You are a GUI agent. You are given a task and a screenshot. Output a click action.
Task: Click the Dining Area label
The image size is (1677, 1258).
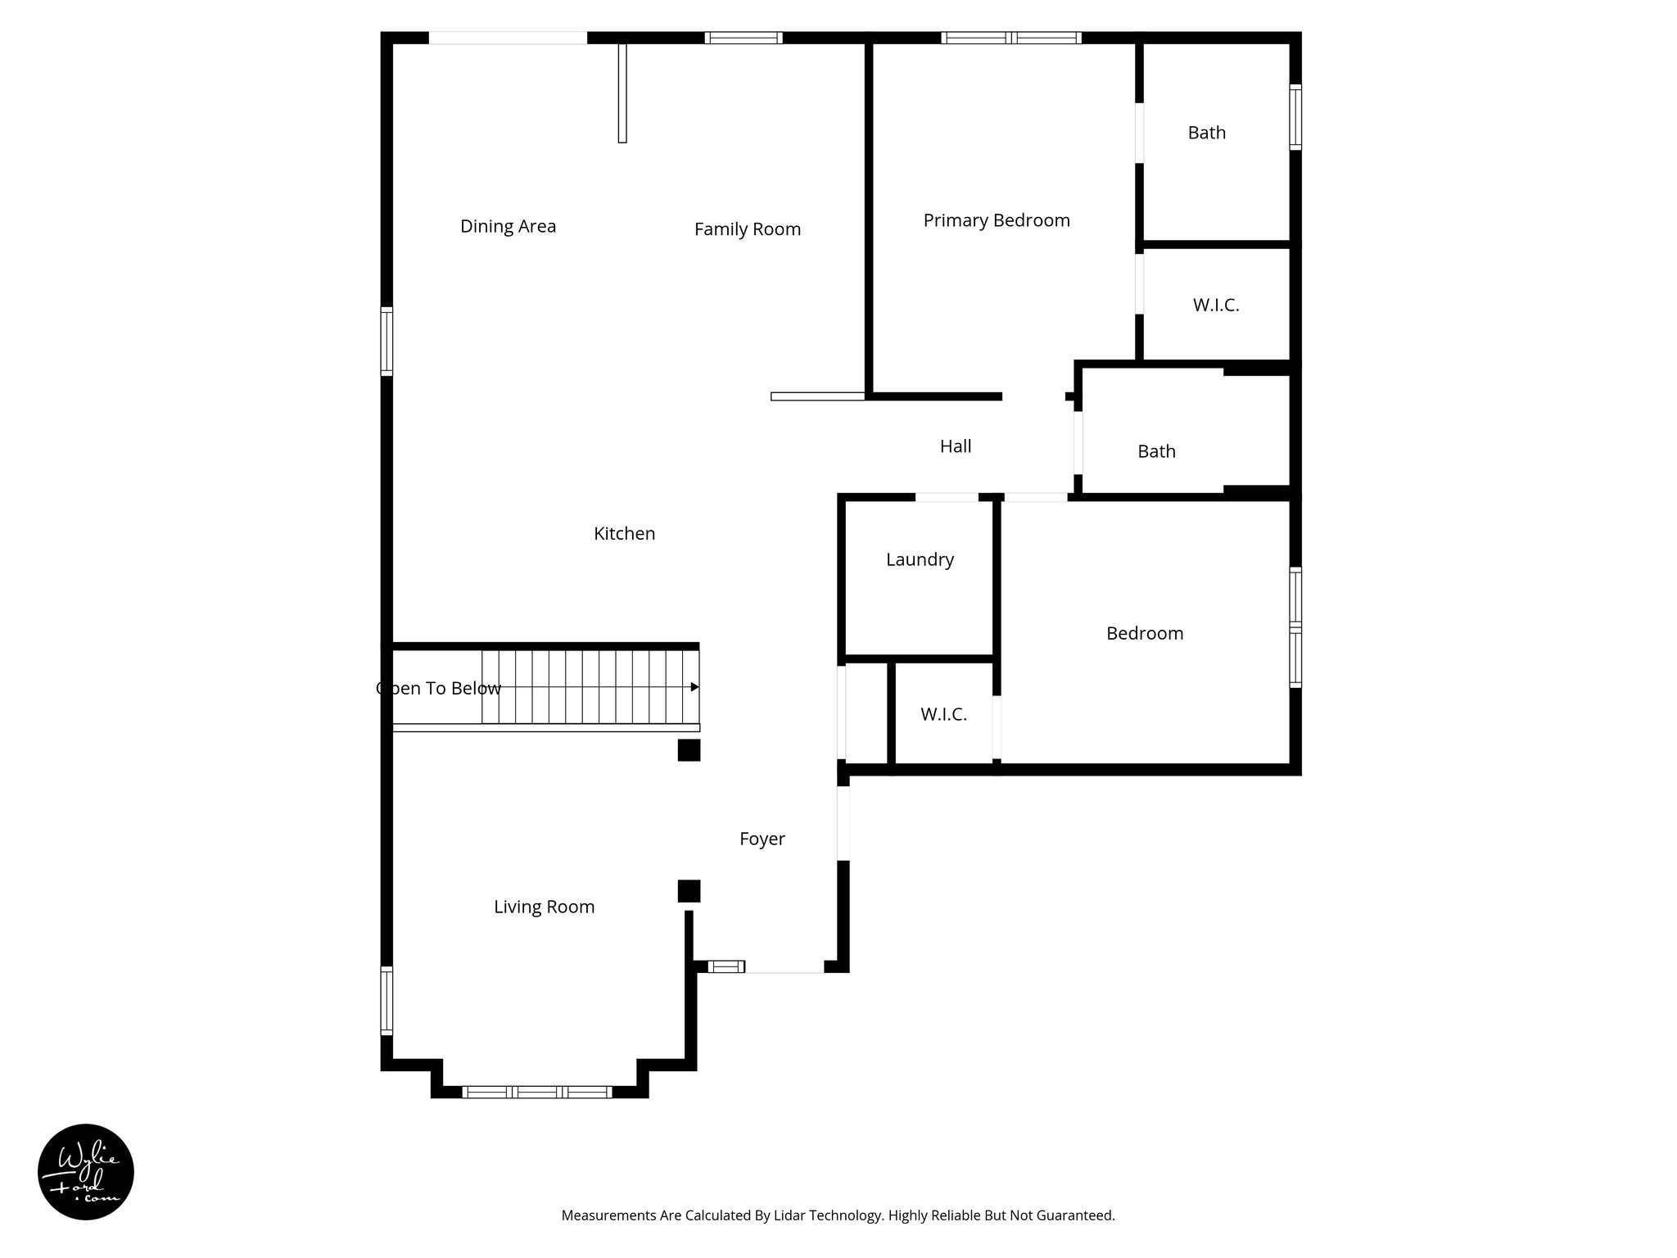pyautogui.click(x=508, y=226)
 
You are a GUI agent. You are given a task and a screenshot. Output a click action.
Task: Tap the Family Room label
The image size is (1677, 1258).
pyautogui.click(x=747, y=229)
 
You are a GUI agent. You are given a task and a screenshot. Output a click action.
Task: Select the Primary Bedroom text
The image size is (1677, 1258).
pyautogui.click(x=996, y=220)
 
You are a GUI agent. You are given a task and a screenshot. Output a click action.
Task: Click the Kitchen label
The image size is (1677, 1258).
pyautogui.click(x=624, y=534)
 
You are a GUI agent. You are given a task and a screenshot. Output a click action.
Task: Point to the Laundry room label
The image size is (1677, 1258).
pyautogui.click(x=920, y=559)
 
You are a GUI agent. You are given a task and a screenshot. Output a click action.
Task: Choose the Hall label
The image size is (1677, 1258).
pyautogui.click(x=955, y=446)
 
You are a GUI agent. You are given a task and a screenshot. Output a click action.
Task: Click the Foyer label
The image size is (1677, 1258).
pyautogui.click(x=762, y=839)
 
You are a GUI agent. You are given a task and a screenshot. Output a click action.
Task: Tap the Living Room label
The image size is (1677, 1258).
pyautogui.click(x=544, y=907)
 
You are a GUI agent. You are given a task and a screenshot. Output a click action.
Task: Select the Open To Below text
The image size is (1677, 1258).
pyautogui.click(x=439, y=688)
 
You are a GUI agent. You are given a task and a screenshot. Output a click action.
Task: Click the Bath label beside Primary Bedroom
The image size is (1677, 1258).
pyautogui.click(x=1206, y=133)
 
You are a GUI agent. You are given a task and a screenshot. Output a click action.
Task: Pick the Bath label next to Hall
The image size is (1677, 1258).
pyautogui.click(x=1156, y=451)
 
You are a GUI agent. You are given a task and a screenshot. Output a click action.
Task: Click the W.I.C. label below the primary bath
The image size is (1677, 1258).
pyautogui.click(x=1215, y=305)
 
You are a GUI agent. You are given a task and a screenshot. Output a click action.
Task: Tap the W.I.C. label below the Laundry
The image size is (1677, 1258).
pyautogui.click(x=943, y=714)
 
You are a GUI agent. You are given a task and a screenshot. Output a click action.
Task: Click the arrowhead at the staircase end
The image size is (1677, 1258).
pyautogui.click(x=694, y=686)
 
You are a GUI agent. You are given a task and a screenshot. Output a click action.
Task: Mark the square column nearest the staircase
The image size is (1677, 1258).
pyautogui.click(x=689, y=750)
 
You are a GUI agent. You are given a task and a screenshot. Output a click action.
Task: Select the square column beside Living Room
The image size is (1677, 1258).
pyautogui.click(x=689, y=891)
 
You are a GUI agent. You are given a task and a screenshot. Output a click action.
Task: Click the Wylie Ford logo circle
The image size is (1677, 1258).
pyautogui.click(x=86, y=1172)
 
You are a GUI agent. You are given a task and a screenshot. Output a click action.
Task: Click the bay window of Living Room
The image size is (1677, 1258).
pyautogui.click(x=537, y=1092)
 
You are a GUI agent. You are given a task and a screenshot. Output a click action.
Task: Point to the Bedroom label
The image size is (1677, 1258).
pyautogui.click(x=1144, y=633)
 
